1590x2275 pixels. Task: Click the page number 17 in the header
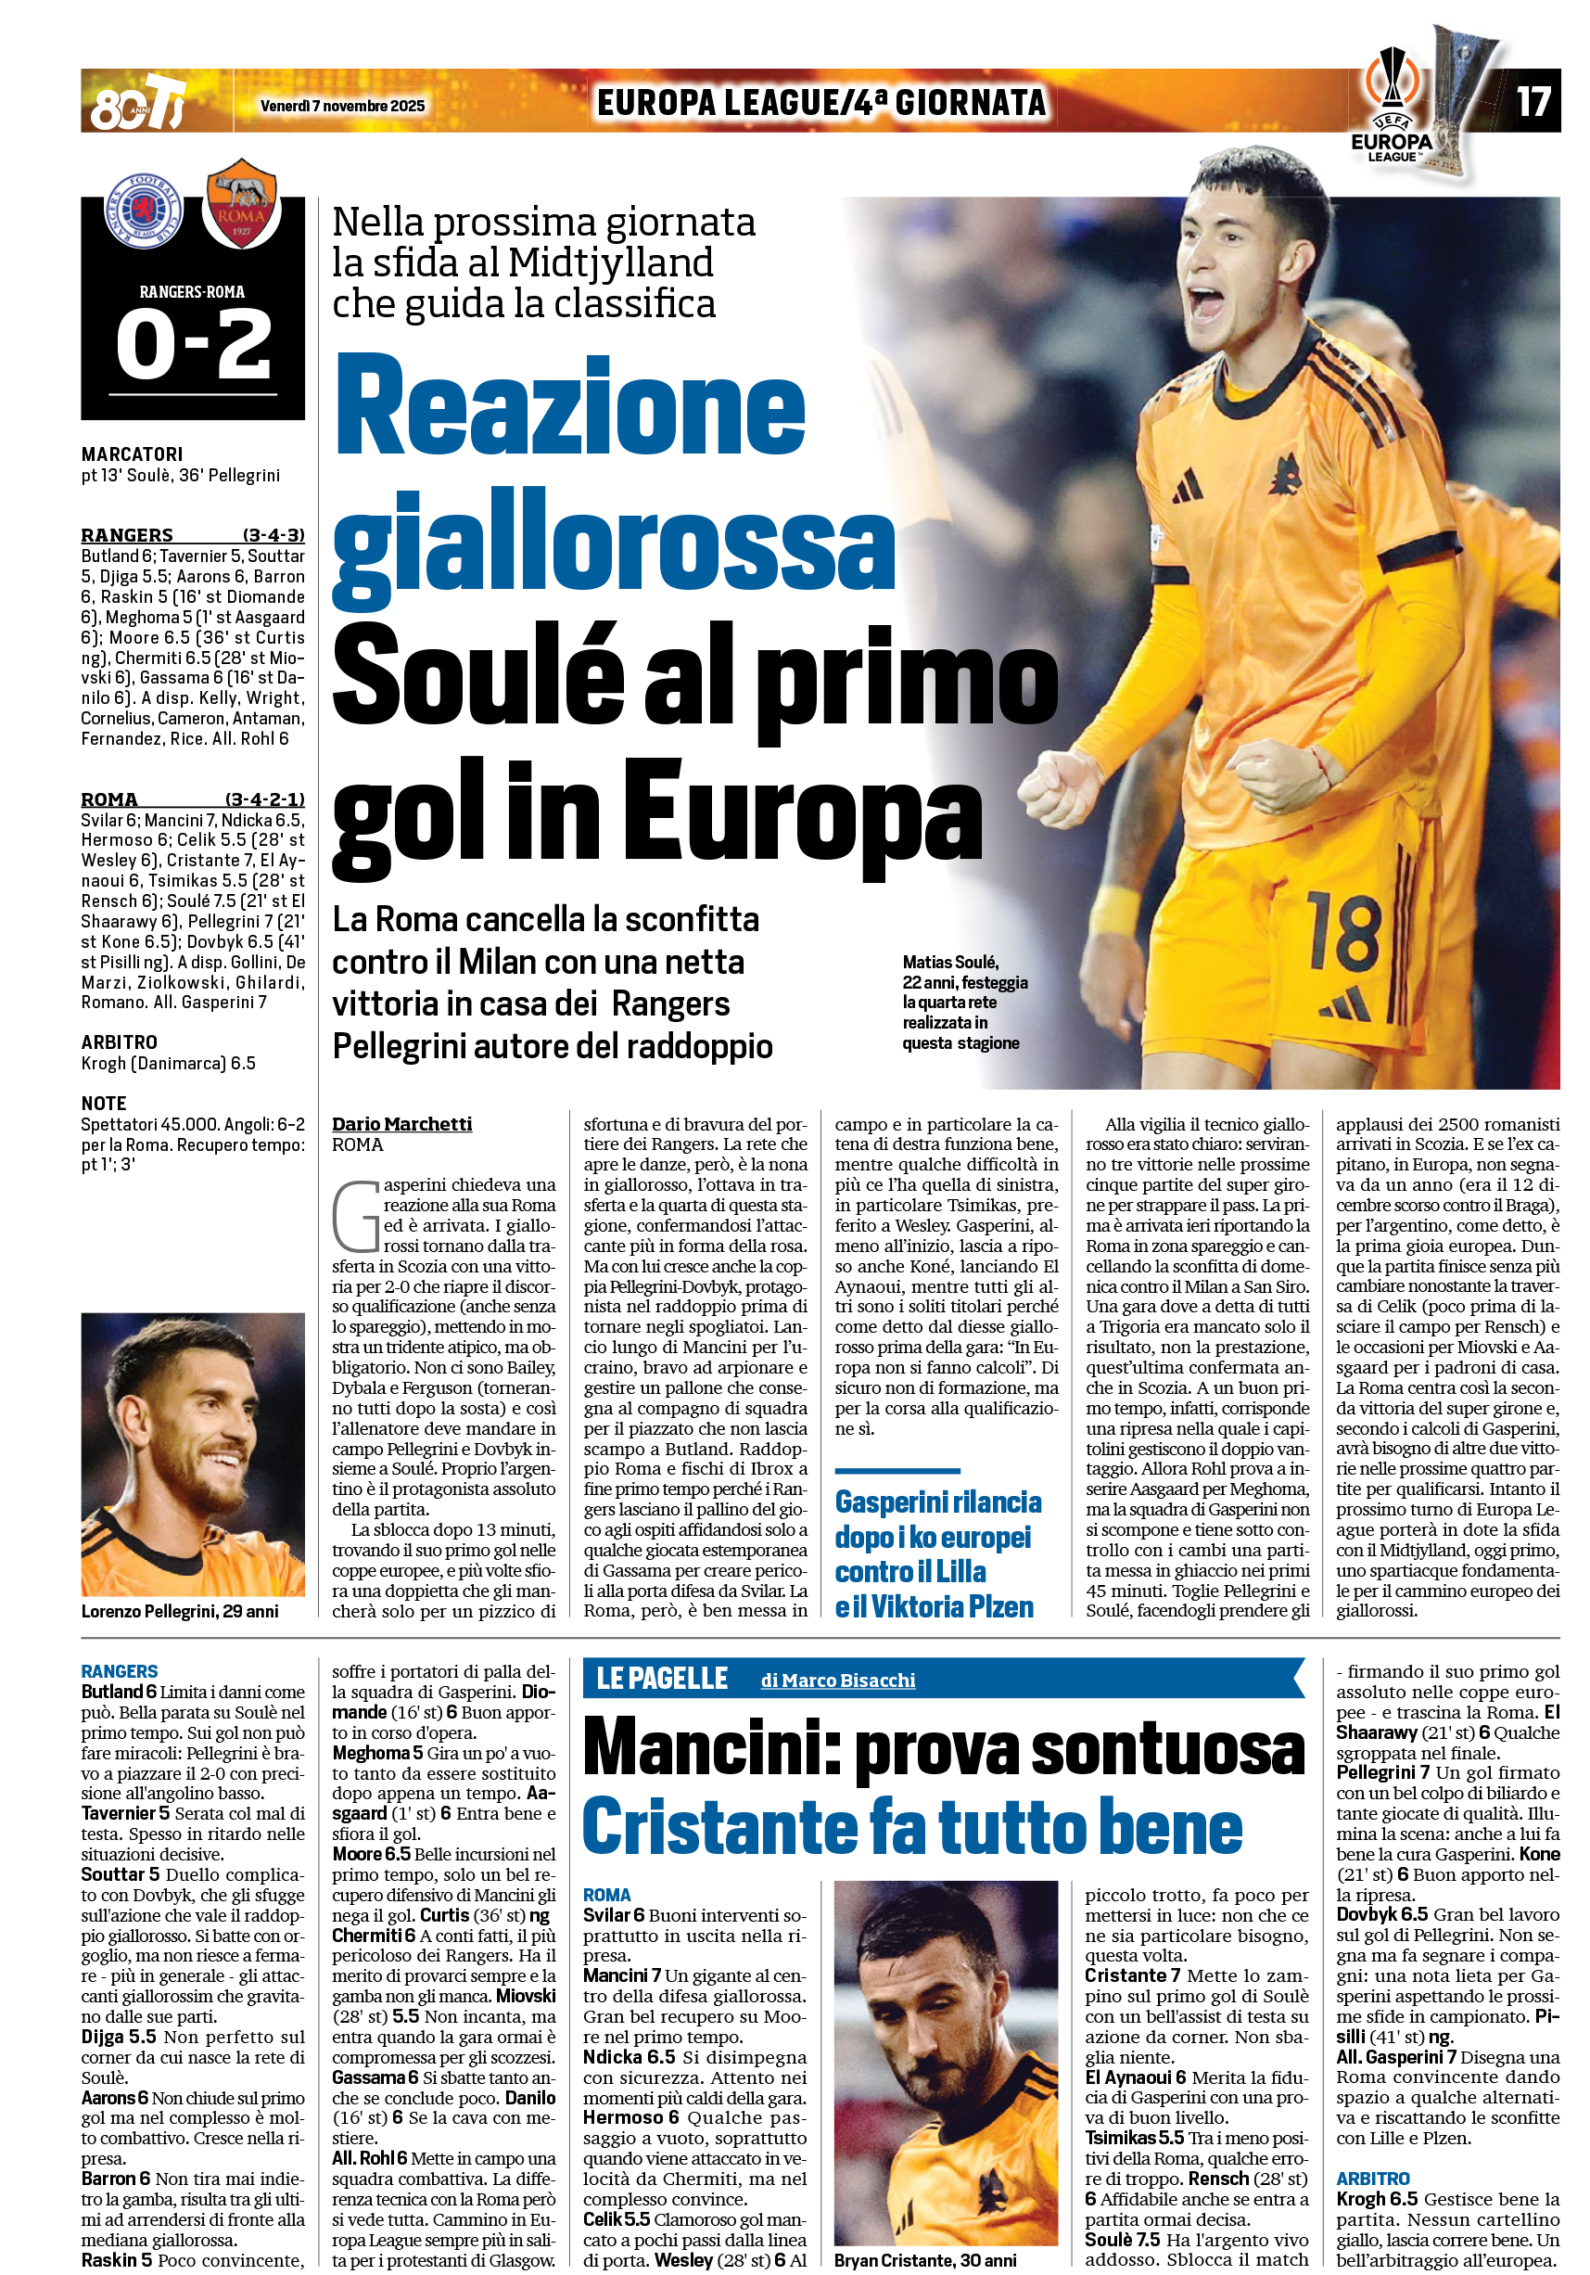click(1533, 101)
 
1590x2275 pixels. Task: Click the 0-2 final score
click(193, 343)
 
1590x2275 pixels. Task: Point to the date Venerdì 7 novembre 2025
click(342, 106)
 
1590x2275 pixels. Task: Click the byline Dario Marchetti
click(401, 1124)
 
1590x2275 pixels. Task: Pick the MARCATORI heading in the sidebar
click(132, 454)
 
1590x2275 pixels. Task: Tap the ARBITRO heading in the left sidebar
click(119, 1042)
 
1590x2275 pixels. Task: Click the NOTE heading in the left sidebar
click(104, 1103)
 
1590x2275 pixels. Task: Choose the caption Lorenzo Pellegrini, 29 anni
click(179, 1611)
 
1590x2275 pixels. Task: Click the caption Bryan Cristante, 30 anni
click(924, 2260)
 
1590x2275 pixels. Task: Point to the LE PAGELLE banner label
click(662, 1679)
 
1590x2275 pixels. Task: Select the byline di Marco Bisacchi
click(837, 1681)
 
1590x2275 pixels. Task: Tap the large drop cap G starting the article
click(356, 1215)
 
